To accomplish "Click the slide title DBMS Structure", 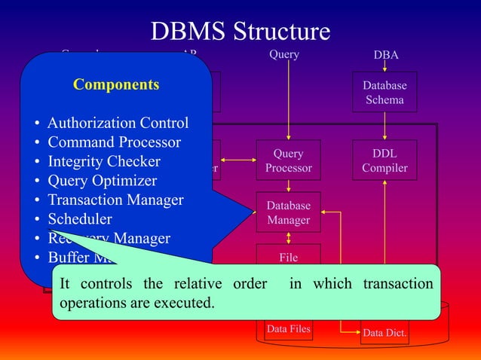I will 240,31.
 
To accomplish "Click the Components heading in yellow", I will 116,84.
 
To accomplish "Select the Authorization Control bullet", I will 118,123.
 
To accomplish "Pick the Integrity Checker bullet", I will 104,161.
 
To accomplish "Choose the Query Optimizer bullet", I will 102,181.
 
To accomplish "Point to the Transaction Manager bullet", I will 115,200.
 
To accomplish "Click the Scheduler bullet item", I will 80,219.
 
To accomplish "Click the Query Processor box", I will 288,160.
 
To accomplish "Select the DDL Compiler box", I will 384,160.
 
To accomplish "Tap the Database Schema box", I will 384,92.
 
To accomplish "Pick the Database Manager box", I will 288,212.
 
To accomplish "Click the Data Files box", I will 288,328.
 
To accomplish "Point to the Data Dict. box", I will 384,332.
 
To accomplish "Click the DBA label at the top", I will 385,55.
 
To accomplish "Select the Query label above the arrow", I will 284,54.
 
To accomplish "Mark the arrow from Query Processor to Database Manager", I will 288,185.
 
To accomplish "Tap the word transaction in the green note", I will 398,284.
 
